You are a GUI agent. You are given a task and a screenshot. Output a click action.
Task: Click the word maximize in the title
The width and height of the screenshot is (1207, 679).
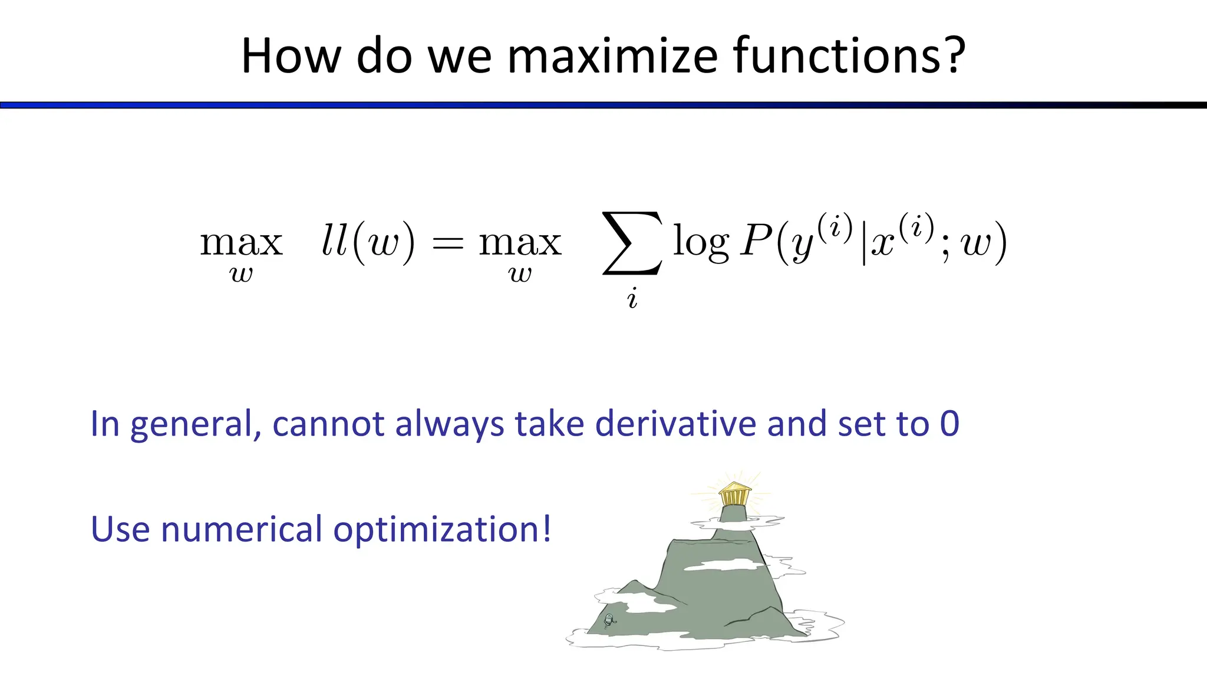point(612,56)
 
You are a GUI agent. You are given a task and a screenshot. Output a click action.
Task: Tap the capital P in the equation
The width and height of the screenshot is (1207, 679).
point(756,241)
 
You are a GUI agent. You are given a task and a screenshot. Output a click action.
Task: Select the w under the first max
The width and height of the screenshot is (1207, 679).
point(241,275)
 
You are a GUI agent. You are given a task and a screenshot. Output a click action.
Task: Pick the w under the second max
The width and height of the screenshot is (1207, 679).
point(520,275)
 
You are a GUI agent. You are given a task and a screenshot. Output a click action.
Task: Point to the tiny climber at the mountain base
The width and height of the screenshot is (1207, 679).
point(609,620)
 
